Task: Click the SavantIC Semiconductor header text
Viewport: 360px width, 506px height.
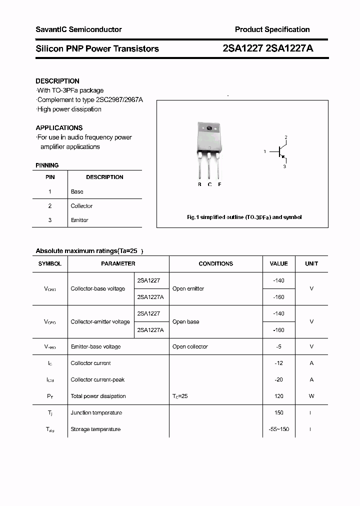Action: pos(78,29)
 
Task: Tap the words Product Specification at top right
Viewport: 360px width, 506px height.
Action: pos(272,29)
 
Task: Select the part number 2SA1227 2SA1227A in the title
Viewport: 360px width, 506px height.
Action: pos(268,48)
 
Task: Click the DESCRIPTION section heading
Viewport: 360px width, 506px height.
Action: pos(57,81)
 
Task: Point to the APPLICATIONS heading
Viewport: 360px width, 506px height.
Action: pos(59,128)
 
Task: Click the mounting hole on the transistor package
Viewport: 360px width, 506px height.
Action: pos(209,128)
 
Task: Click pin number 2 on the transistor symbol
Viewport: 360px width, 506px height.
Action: pos(285,137)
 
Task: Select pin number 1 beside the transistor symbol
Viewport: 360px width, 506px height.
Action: pos(265,151)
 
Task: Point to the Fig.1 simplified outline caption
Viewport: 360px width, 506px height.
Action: pos(244,217)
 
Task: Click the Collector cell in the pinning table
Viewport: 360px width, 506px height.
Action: pos(81,206)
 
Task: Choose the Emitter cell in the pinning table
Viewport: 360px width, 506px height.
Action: pos(79,220)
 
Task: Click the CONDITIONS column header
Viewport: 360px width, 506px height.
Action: pos(215,263)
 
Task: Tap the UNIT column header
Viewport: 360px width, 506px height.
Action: pos(311,263)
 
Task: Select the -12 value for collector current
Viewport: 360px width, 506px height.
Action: pos(278,363)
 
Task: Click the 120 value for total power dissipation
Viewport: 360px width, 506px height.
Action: pos(278,396)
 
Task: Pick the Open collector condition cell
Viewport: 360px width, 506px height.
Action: pos(190,346)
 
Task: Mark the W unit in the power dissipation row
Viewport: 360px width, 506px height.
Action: pos(311,396)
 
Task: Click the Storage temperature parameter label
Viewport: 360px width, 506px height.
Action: pos(95,429)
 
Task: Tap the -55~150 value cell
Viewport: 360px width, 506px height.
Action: pos(278,429)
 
